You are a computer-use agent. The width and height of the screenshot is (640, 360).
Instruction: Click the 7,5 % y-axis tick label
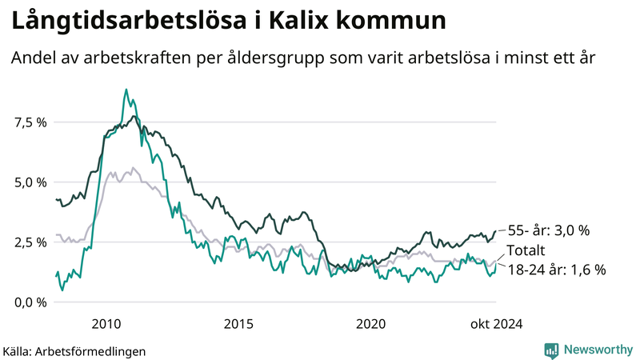(30, 122)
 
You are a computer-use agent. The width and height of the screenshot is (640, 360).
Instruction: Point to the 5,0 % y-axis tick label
(30, 182)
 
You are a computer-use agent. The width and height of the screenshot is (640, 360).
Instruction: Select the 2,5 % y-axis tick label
(30, 242)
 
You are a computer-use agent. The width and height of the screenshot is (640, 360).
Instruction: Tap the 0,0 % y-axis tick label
(30, 302)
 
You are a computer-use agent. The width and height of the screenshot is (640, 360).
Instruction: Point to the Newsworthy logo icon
(551, 350)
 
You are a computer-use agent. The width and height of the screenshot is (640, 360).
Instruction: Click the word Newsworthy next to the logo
(598, 350)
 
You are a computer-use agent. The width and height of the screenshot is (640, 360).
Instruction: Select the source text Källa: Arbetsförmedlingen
(74, 350)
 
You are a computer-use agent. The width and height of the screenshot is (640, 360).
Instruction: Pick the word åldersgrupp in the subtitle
(286, 58)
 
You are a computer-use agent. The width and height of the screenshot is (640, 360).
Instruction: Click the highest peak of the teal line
(126, 90)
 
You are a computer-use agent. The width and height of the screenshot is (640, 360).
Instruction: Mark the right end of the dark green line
(495, 230)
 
